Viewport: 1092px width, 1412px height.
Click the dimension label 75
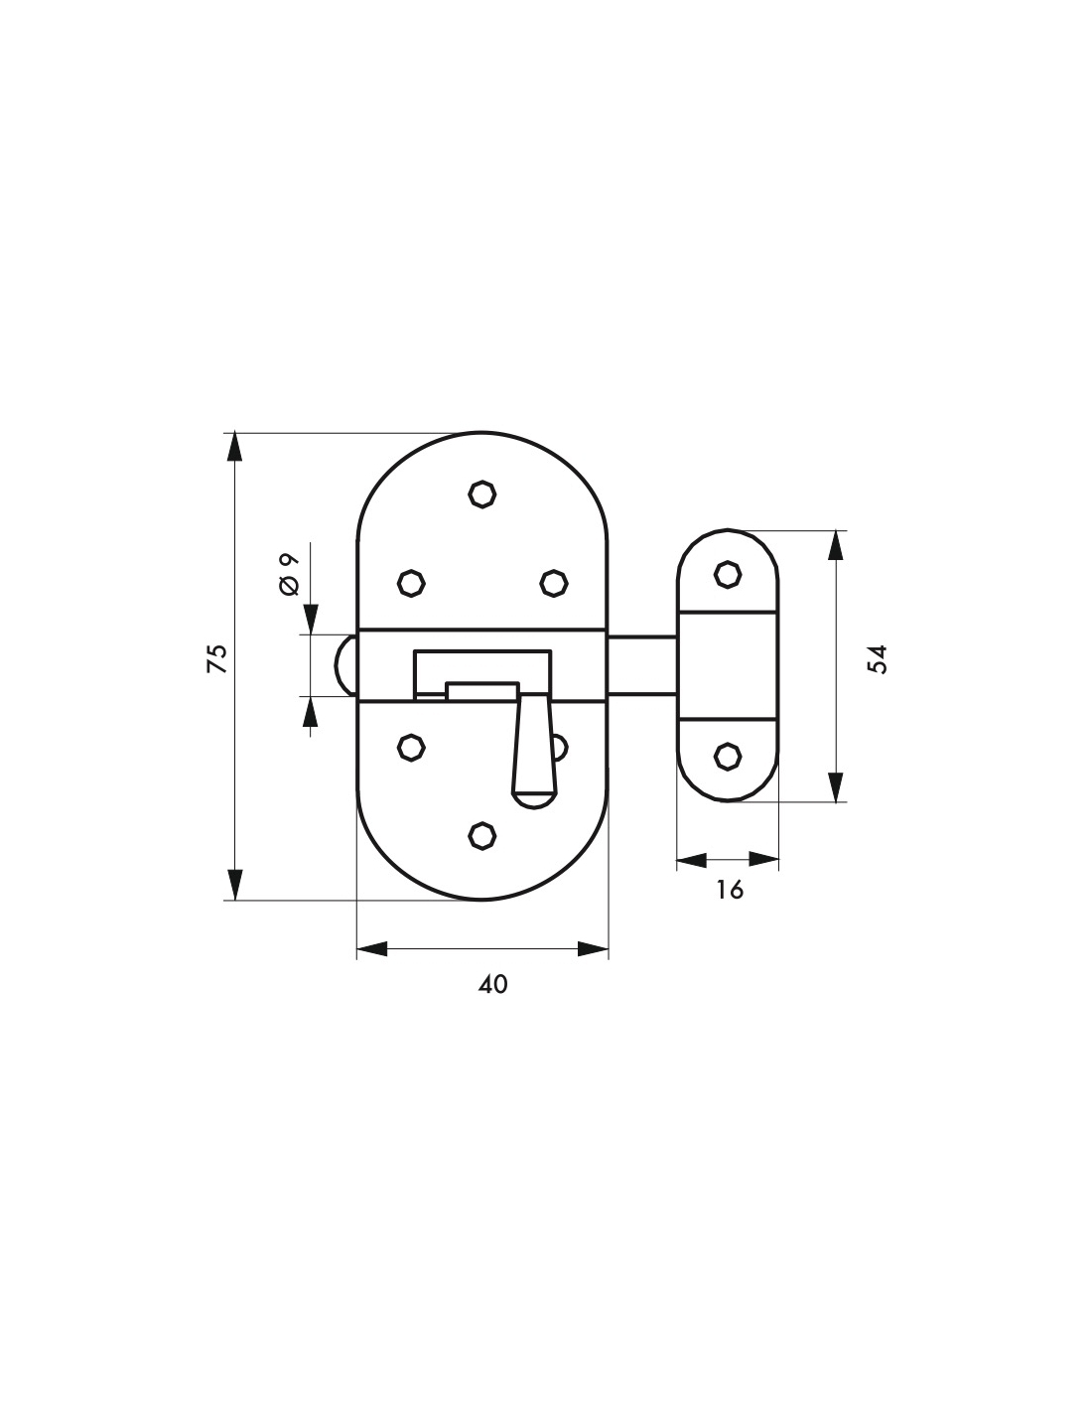click(217, 658)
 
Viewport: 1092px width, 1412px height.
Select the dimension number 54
click(877, 659)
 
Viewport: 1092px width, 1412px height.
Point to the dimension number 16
click(730, 890)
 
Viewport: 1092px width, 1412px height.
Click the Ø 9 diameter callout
click(289, 575)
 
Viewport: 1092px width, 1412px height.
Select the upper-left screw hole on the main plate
click(411, 583)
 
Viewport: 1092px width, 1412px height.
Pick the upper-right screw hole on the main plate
click(554, 583)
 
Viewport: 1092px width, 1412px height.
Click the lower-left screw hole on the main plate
click(411, 748)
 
